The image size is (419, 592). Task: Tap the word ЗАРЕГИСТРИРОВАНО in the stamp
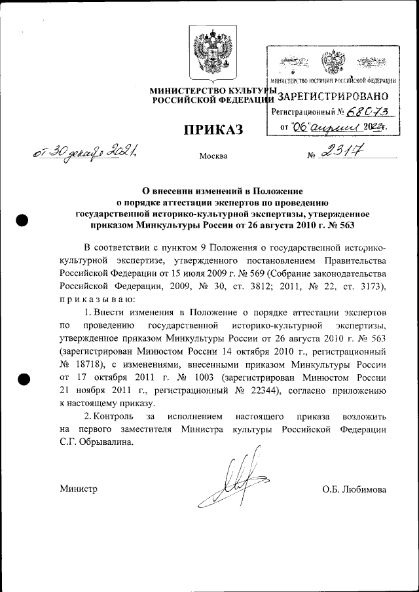(x=334, y=96)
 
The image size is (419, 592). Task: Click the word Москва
(x=213, y=156)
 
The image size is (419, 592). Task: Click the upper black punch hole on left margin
(x=22, y=220)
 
